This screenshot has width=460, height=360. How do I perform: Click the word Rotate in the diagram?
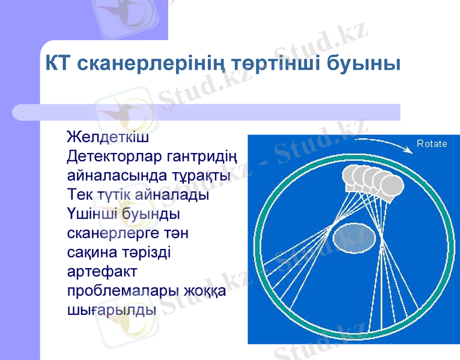pos(432,143)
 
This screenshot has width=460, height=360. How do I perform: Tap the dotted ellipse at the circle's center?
pos(356,234)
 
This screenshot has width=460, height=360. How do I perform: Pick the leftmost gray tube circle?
pos(353,176)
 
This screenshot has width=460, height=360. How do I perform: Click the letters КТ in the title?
pos(58,63)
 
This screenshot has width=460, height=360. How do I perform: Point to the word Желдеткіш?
pos(107,137)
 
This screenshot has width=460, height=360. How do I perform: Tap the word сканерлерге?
pos(112,233)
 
